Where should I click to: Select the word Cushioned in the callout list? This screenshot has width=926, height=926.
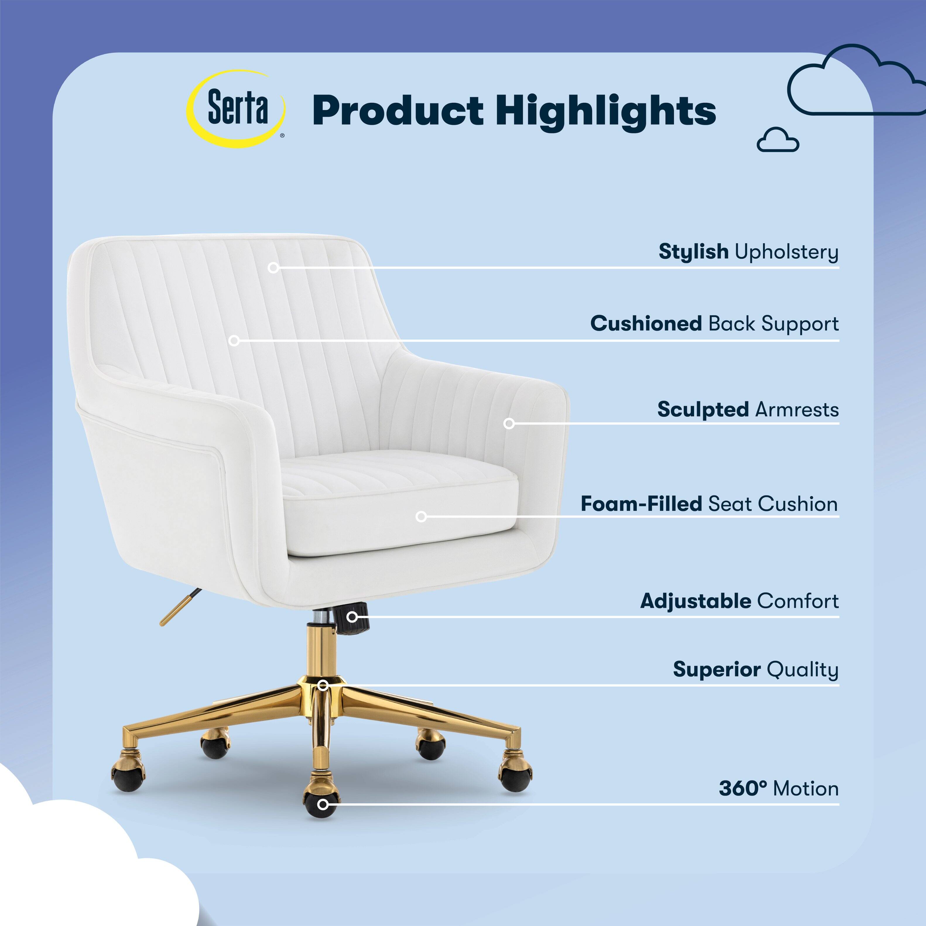click(x=646, y=323)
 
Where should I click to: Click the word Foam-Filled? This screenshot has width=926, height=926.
click(x=641, y=504)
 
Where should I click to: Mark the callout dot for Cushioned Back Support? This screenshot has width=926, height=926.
click(x=234, y=341)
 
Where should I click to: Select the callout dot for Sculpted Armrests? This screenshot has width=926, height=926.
click(x=509, y=424)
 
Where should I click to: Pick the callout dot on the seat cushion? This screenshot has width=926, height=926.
click(x=421, y=517)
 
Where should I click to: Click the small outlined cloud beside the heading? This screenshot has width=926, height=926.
click(x=778, y=140)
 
